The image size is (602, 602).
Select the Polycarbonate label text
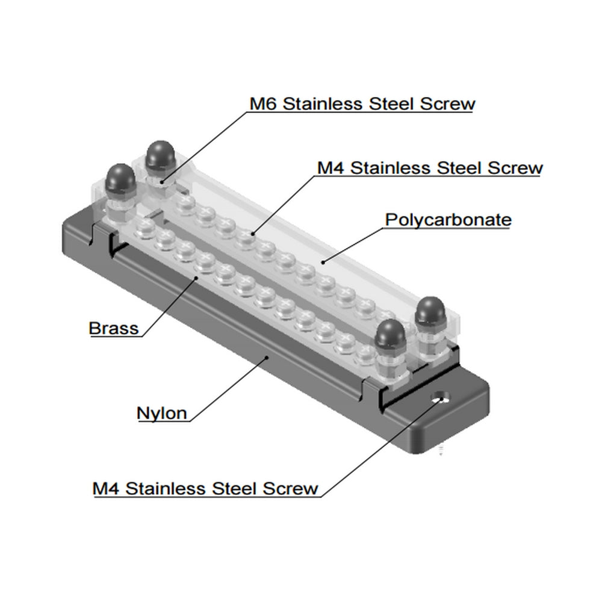448,220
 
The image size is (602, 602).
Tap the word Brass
113,329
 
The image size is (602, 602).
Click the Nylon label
161,414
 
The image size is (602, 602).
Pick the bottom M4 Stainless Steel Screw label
205,488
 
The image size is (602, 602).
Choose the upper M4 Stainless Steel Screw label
430,167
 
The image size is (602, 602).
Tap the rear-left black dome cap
160,156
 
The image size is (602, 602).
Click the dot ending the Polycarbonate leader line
323,261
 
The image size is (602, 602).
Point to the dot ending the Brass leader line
196,279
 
